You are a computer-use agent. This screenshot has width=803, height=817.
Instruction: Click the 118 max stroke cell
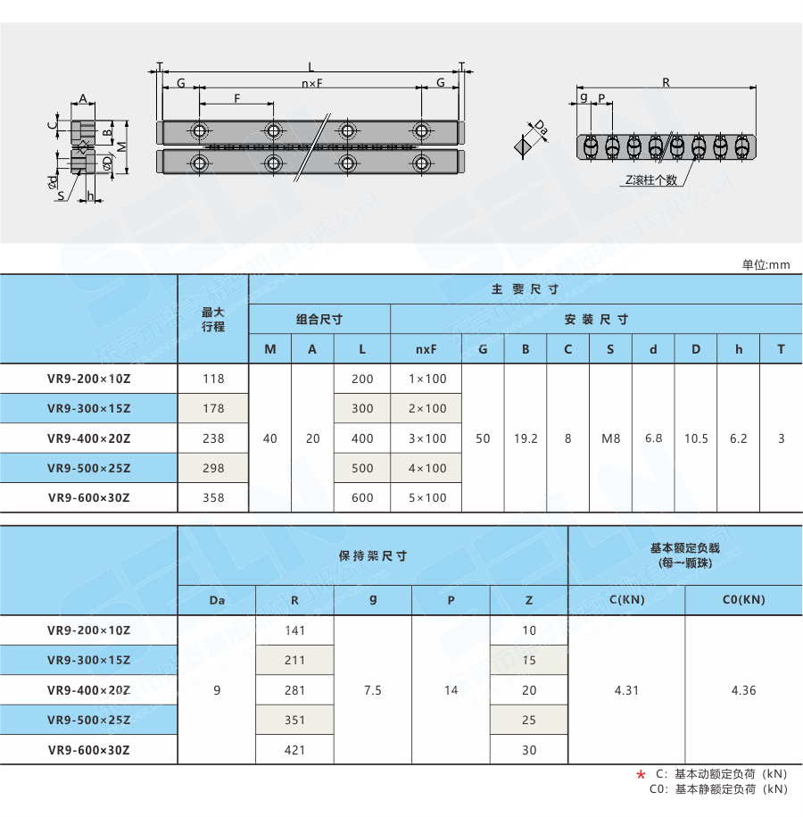[x=214, y=379]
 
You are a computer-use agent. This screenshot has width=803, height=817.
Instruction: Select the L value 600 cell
[x=362, y=497]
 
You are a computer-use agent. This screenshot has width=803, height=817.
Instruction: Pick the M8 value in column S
[x=610, y=438]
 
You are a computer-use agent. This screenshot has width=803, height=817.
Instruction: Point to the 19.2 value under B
[x=526, y=438]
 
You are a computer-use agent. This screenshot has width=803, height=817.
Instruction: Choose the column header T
[x=782, y=349]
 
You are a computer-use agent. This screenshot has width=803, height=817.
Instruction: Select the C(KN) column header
[x=626, y=600]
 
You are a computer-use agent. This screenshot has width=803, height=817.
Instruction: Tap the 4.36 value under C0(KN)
[x=743, y=690]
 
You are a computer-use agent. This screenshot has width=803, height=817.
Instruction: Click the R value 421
[x=294, y=750]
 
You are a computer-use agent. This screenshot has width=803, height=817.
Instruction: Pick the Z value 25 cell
[x=529, y=720]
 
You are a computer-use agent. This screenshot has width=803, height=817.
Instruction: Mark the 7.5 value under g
[x=373, y=690]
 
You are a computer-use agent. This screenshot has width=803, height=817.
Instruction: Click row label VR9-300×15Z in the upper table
[x=88, y=408]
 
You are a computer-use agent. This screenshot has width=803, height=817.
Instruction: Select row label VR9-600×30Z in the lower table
[x=88, y=750]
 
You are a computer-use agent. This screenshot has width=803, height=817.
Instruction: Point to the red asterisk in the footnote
[x=640, y=775]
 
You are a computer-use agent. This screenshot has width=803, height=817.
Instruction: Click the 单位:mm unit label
[x=766, y=264]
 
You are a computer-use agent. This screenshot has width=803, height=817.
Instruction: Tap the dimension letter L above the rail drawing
[x=310, y=67]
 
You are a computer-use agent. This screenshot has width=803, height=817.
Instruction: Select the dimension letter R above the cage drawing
[x=666, y=82]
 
